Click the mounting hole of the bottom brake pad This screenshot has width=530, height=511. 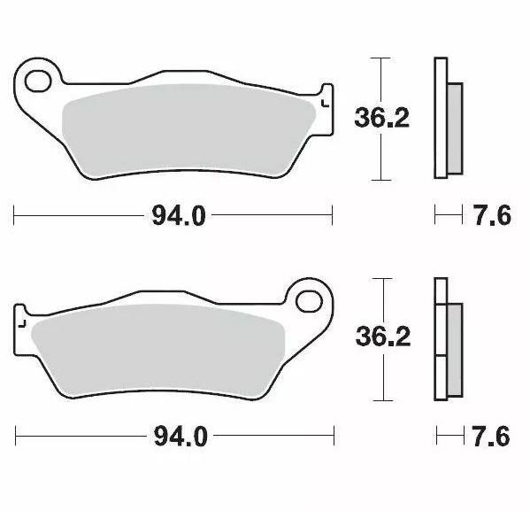(310, 300)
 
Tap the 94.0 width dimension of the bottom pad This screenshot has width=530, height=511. (175, 437)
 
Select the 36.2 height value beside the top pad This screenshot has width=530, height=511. (381, 119)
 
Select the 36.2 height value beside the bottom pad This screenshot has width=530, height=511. (381, 337)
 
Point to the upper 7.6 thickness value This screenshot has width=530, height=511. (492, 215)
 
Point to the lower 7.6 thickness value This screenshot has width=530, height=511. (492, 437)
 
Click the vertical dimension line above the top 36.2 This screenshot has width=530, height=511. (380, 80)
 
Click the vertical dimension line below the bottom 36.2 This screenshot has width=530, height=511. (380, 376)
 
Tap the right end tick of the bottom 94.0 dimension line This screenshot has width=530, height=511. (334, 437)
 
